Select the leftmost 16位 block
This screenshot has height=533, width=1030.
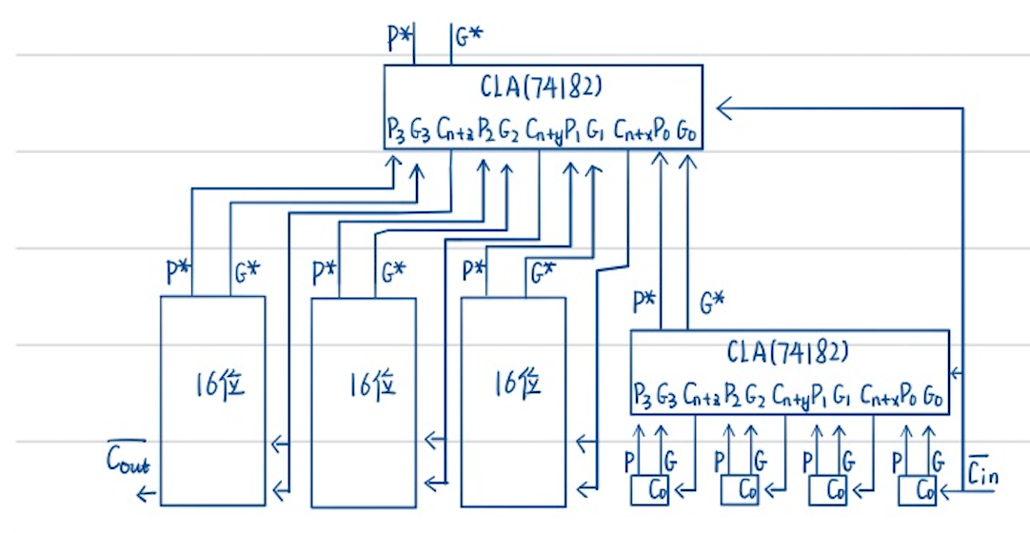coord(212,400)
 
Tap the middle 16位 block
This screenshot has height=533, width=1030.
coord(364,400)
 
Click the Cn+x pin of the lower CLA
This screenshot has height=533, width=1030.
coord(877,393)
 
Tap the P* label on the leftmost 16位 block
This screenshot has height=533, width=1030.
coord(178,273)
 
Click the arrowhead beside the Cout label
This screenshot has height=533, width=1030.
coord(145,492)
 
